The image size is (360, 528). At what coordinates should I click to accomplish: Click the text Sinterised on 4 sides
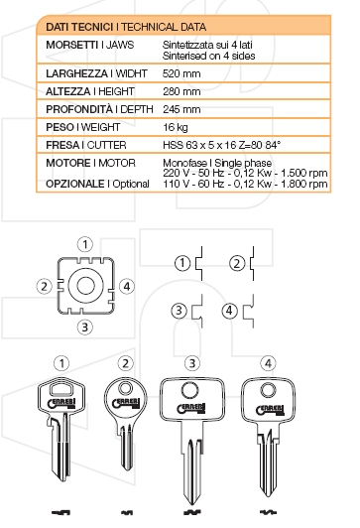point(204,56)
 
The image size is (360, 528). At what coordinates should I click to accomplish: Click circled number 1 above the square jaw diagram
point(87,243)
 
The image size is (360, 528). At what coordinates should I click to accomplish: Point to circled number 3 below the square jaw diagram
point(86,327)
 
